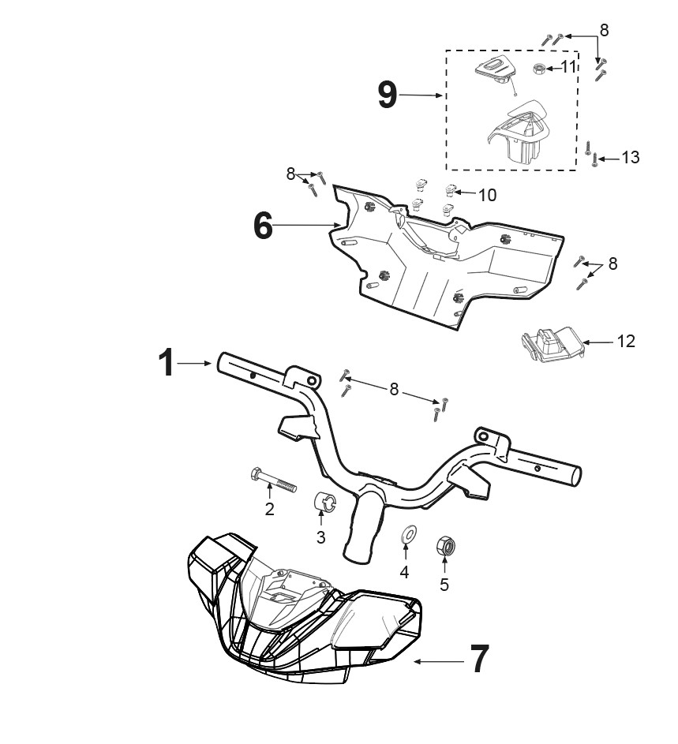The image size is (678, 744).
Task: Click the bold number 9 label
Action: [388, 95]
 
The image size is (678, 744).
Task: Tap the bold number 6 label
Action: [263, 226]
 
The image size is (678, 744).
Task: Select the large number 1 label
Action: [167, 363]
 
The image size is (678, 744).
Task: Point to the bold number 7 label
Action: [479, 659]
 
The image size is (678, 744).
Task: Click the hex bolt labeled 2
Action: [273, 480]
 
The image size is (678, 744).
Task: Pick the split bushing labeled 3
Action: [325, 502]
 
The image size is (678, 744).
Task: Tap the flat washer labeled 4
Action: [408, 535]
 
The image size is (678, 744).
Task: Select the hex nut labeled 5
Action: [446, 546]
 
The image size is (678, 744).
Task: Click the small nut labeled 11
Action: [539, 69]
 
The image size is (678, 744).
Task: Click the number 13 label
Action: [631, 158]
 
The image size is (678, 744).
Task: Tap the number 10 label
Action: [487, 195]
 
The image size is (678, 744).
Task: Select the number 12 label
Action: [626, 341]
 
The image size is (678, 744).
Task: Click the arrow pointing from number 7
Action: [439, 661]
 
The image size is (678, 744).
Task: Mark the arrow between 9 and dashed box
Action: [421, 95]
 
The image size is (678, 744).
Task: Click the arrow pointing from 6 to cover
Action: [307, 225]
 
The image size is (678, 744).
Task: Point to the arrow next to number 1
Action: [194, 364]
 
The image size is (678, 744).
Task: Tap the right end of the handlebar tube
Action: [576, 476]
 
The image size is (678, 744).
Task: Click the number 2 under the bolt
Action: [270, 509]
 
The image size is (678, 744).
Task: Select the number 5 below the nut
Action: [444, 585]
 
